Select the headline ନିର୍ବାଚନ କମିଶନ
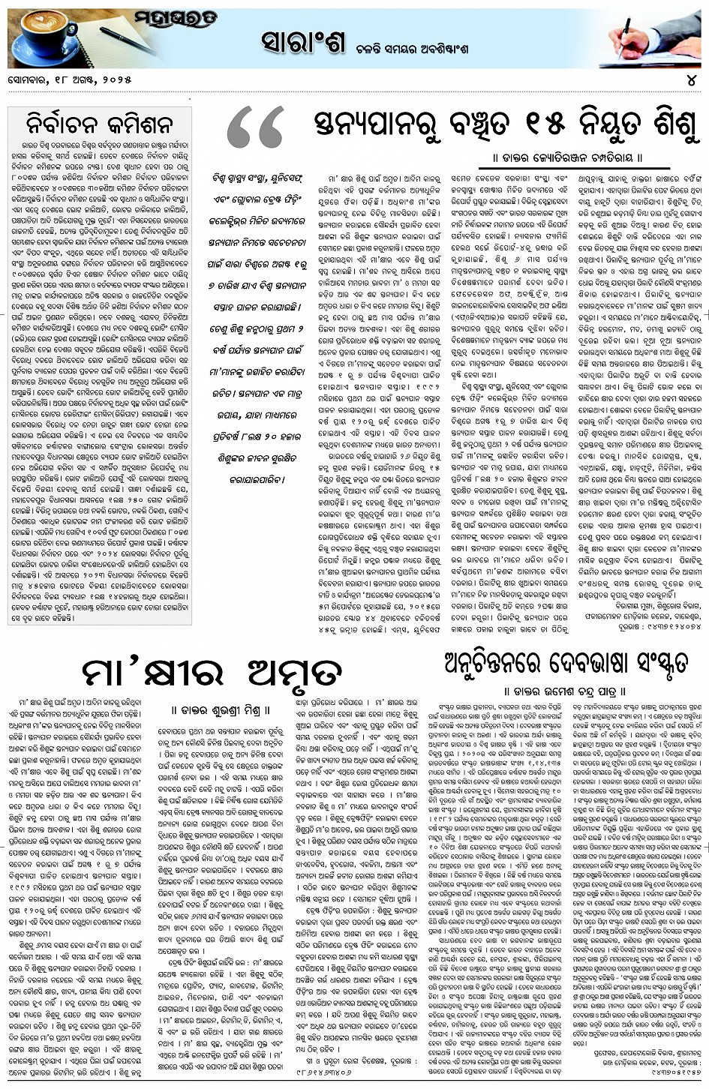99,123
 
